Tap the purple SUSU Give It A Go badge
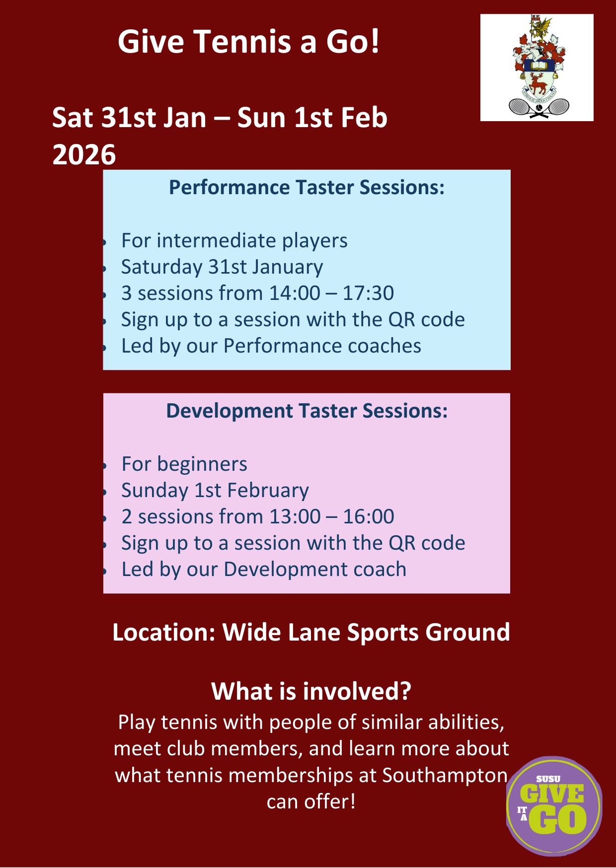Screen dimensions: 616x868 (554, 805)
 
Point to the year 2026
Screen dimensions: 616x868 (84, 154)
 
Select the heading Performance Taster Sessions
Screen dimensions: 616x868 (307, 187)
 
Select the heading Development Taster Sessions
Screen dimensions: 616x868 (307, 411)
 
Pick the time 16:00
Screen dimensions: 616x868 (369, 516)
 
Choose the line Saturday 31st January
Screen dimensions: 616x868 (222, 267)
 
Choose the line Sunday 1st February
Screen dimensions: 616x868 (215, 491)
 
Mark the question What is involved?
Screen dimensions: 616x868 (311, 691)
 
